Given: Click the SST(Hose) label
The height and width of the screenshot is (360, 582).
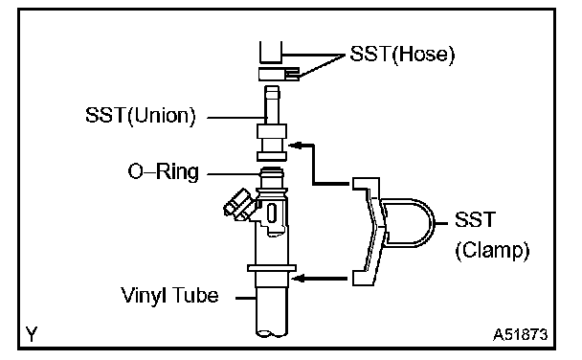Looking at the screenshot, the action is coord(402,55).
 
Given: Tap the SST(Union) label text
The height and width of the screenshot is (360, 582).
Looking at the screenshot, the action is coord(141,116).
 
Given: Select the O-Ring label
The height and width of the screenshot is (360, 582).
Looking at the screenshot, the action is coord(164,172).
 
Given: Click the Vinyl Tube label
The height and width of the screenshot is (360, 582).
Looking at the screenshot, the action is coord(169,296).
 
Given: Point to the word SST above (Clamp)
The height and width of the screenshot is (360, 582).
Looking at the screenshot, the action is coord(476,219).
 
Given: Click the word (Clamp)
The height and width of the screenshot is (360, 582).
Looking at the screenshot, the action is coord(493,251).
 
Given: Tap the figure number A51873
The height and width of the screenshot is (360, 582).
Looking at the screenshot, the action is coord(521,335).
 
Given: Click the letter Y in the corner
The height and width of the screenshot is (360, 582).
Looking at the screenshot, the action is coord(32,334).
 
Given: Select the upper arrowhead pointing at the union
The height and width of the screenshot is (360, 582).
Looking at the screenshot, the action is coord(294,146).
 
